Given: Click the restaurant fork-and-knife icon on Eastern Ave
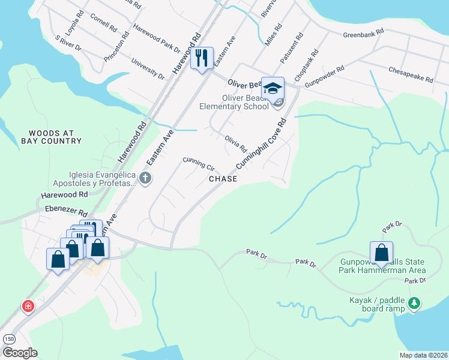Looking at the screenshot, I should pyautogui.click(x=202, y=58).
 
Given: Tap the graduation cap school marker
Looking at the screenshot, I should pyautogui.click(x=273, y=88).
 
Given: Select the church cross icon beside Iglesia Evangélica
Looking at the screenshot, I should pyautogui.click(x=145, y=178).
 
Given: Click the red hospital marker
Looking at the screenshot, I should pyautogui.click(x=28, y=307).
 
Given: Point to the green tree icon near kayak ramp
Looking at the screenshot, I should pyautogui.click(x=413, y=304).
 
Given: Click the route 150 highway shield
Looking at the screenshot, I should pyautogui.click(x=9, y=339).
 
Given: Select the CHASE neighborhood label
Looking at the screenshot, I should pyautogui.click(x=223, y=179).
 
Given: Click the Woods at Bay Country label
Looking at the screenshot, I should pyautogui.click(x=51, y=136).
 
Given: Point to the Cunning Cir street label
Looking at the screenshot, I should pyautogui.click(x=199, y=164).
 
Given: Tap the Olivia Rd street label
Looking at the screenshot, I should pyautogui.click(x=236, y=143).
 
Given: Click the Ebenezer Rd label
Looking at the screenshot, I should pyautogui.click(x=66, y=211).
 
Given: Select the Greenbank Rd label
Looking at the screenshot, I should pyautogui.click(x=363, y=34).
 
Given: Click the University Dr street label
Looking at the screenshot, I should pyautogui.click(x=148, y=69).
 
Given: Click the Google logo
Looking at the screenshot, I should pyautogui.click(x=19, y=353).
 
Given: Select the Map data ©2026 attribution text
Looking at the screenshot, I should pyautogui.click(x=423, y=355).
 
